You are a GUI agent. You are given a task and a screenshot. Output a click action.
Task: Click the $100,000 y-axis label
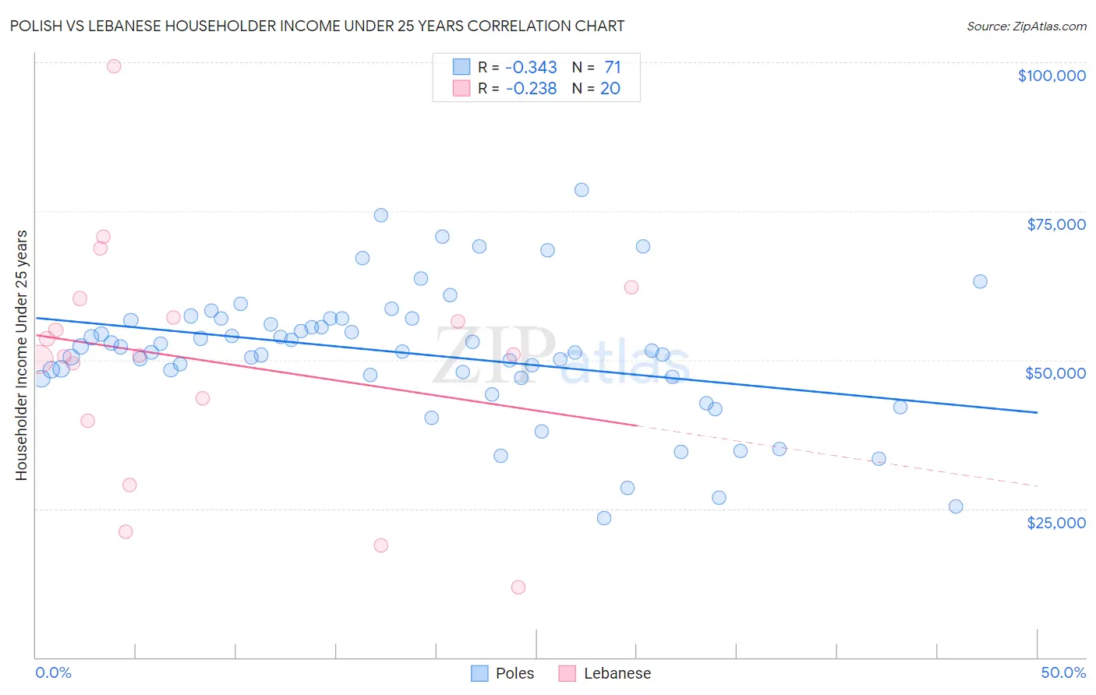(1052, 76)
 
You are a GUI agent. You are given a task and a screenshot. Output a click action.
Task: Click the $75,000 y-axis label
(1056, 224)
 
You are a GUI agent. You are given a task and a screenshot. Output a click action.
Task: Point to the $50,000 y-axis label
(1055, 373)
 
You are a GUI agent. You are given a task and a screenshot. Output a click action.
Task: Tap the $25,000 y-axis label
(1056, 523)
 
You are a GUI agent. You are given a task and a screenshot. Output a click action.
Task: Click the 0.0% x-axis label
(53, 673)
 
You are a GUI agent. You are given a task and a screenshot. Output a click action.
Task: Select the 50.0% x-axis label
(1063, 673)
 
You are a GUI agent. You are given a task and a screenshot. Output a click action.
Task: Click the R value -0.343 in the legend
(531, 67)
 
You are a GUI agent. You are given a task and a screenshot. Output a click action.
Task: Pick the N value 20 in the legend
(610, 89)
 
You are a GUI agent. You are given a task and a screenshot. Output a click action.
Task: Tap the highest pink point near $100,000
(114, 66)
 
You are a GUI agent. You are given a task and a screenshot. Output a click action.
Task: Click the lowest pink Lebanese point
(518, 587)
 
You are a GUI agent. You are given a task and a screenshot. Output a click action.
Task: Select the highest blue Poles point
(582, 190)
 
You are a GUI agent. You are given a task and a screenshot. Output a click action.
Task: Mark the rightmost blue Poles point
(980, 281)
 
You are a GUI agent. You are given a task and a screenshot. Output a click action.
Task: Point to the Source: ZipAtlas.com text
(1026, 26)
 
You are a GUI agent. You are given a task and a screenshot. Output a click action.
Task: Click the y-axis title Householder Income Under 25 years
(21, 355)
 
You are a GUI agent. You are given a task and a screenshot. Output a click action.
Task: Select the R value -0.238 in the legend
(531, 89)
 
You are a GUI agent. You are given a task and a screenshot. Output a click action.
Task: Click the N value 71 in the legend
(612, 67)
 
